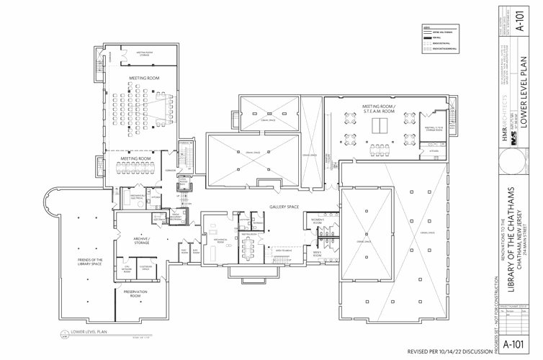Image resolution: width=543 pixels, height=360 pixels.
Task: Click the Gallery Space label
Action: [284, 207]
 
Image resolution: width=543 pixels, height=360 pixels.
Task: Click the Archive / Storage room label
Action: [140, 241]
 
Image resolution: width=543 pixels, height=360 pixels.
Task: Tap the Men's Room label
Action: [317, 253]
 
